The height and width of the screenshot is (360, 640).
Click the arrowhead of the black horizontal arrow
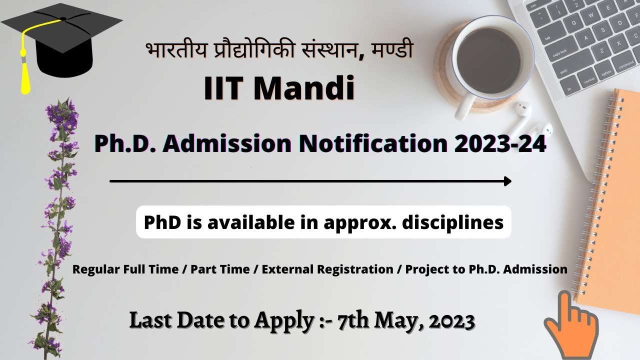(x=507, y=181)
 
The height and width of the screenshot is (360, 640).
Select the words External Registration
(x=327, y=269)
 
